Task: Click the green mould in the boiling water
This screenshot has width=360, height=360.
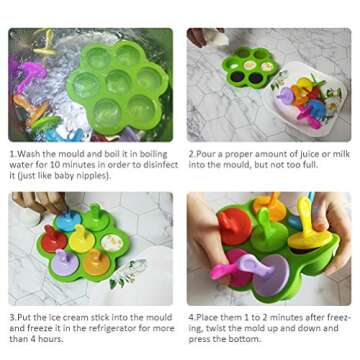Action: [114, 85]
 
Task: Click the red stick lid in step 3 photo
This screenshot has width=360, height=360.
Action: [55, 240]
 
